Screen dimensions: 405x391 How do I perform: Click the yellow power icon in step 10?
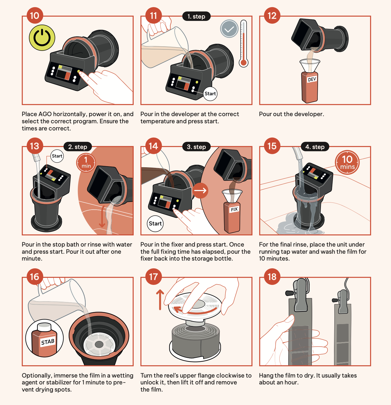pos(42,38)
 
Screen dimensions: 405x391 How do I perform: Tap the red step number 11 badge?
pos(153,15)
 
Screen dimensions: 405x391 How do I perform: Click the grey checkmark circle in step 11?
pos(229,29)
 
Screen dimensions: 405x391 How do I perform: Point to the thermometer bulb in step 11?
pos(244,63)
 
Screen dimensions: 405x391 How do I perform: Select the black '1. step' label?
pos(196,16)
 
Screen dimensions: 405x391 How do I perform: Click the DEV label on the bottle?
pos(312,79)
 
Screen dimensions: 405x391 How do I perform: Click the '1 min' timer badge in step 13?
pos(86,162)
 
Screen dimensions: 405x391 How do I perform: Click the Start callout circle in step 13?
pos(57,156)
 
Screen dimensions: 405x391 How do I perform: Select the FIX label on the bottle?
pos(234,209)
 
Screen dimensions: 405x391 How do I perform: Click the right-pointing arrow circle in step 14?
pos(200,190)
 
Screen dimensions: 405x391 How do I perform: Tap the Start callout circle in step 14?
pos(155,223)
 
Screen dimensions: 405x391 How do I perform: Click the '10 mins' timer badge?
pos(347,162)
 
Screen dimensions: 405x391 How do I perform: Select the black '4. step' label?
pos(315,147)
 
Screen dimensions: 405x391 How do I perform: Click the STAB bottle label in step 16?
pos(48,342)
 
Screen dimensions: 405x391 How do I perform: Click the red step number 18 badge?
pos(272,277)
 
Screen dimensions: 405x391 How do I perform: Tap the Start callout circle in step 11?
pos(210,94)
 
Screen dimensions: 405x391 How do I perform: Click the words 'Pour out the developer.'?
pos(291,114)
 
